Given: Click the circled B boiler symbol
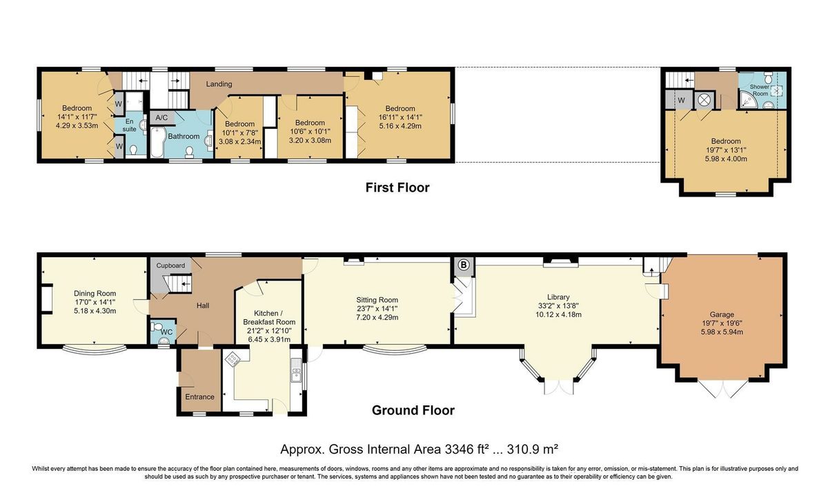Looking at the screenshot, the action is pos(464,265).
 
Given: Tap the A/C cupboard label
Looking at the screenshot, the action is pos(161,118).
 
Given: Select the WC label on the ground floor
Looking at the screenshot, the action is pos(167,332).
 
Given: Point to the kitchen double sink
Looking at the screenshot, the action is pos(296,370).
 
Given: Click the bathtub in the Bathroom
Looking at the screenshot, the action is pos(157,142).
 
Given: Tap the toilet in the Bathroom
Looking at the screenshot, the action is pos(190,152).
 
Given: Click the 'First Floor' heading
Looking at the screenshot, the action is pos(397,188).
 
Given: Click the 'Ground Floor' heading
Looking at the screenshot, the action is pos(413,410).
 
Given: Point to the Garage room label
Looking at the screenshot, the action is pos(722,314).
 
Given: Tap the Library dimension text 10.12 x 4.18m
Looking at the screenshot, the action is pos(558,314).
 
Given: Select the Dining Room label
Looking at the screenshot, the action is pos(95,294).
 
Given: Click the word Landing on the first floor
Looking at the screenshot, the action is pos(219,84).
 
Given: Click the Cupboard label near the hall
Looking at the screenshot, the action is pos(170,265).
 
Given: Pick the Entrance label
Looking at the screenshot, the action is pos(199,396).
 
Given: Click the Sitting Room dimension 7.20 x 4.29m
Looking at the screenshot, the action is pos(377,317).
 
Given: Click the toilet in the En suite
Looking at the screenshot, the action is pos(134,150).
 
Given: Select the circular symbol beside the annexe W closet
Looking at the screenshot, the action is pos(703,100).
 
